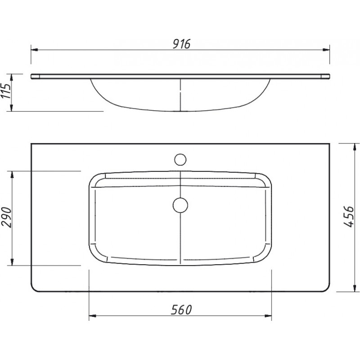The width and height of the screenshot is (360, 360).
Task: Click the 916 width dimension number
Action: tap(182, 44)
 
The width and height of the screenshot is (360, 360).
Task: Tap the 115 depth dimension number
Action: tap(6, 91)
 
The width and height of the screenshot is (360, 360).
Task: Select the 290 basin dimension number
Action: tap(6, 217)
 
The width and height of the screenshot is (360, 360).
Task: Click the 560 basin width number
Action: tap(181, 310)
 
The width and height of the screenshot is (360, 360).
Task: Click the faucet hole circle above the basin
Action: tap(180, 160)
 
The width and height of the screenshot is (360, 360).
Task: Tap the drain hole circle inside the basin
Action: tap(180, 205)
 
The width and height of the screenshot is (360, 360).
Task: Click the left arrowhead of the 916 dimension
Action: tap(35, 49)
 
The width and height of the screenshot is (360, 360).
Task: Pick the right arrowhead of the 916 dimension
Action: tap(326, 49)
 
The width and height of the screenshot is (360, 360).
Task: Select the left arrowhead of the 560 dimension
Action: tap(92, 316)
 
